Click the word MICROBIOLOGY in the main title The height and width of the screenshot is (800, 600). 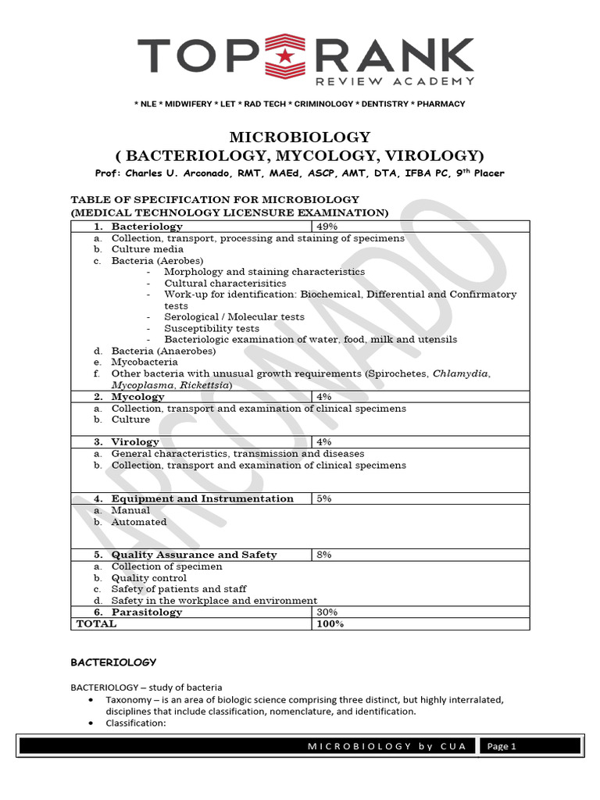click(299, 137)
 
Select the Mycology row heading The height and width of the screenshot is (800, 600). click(137, 397)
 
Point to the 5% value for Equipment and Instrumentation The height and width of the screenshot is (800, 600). click(324, 498)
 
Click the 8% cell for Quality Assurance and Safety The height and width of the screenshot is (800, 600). click(324, 555)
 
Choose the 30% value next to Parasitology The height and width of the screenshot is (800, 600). click(327, 612)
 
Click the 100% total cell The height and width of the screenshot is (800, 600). click(330, 623)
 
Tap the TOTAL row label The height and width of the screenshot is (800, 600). click(96, 623)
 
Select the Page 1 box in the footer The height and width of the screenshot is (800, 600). click(502, 746)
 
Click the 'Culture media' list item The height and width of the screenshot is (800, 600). click(146, 249)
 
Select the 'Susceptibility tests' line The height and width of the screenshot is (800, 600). click(211, 329)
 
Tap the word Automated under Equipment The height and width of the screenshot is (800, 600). click(139, 522)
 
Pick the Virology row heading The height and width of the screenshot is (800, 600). click(135, 442)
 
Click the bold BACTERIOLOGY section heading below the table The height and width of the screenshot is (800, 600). click(113, 662)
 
